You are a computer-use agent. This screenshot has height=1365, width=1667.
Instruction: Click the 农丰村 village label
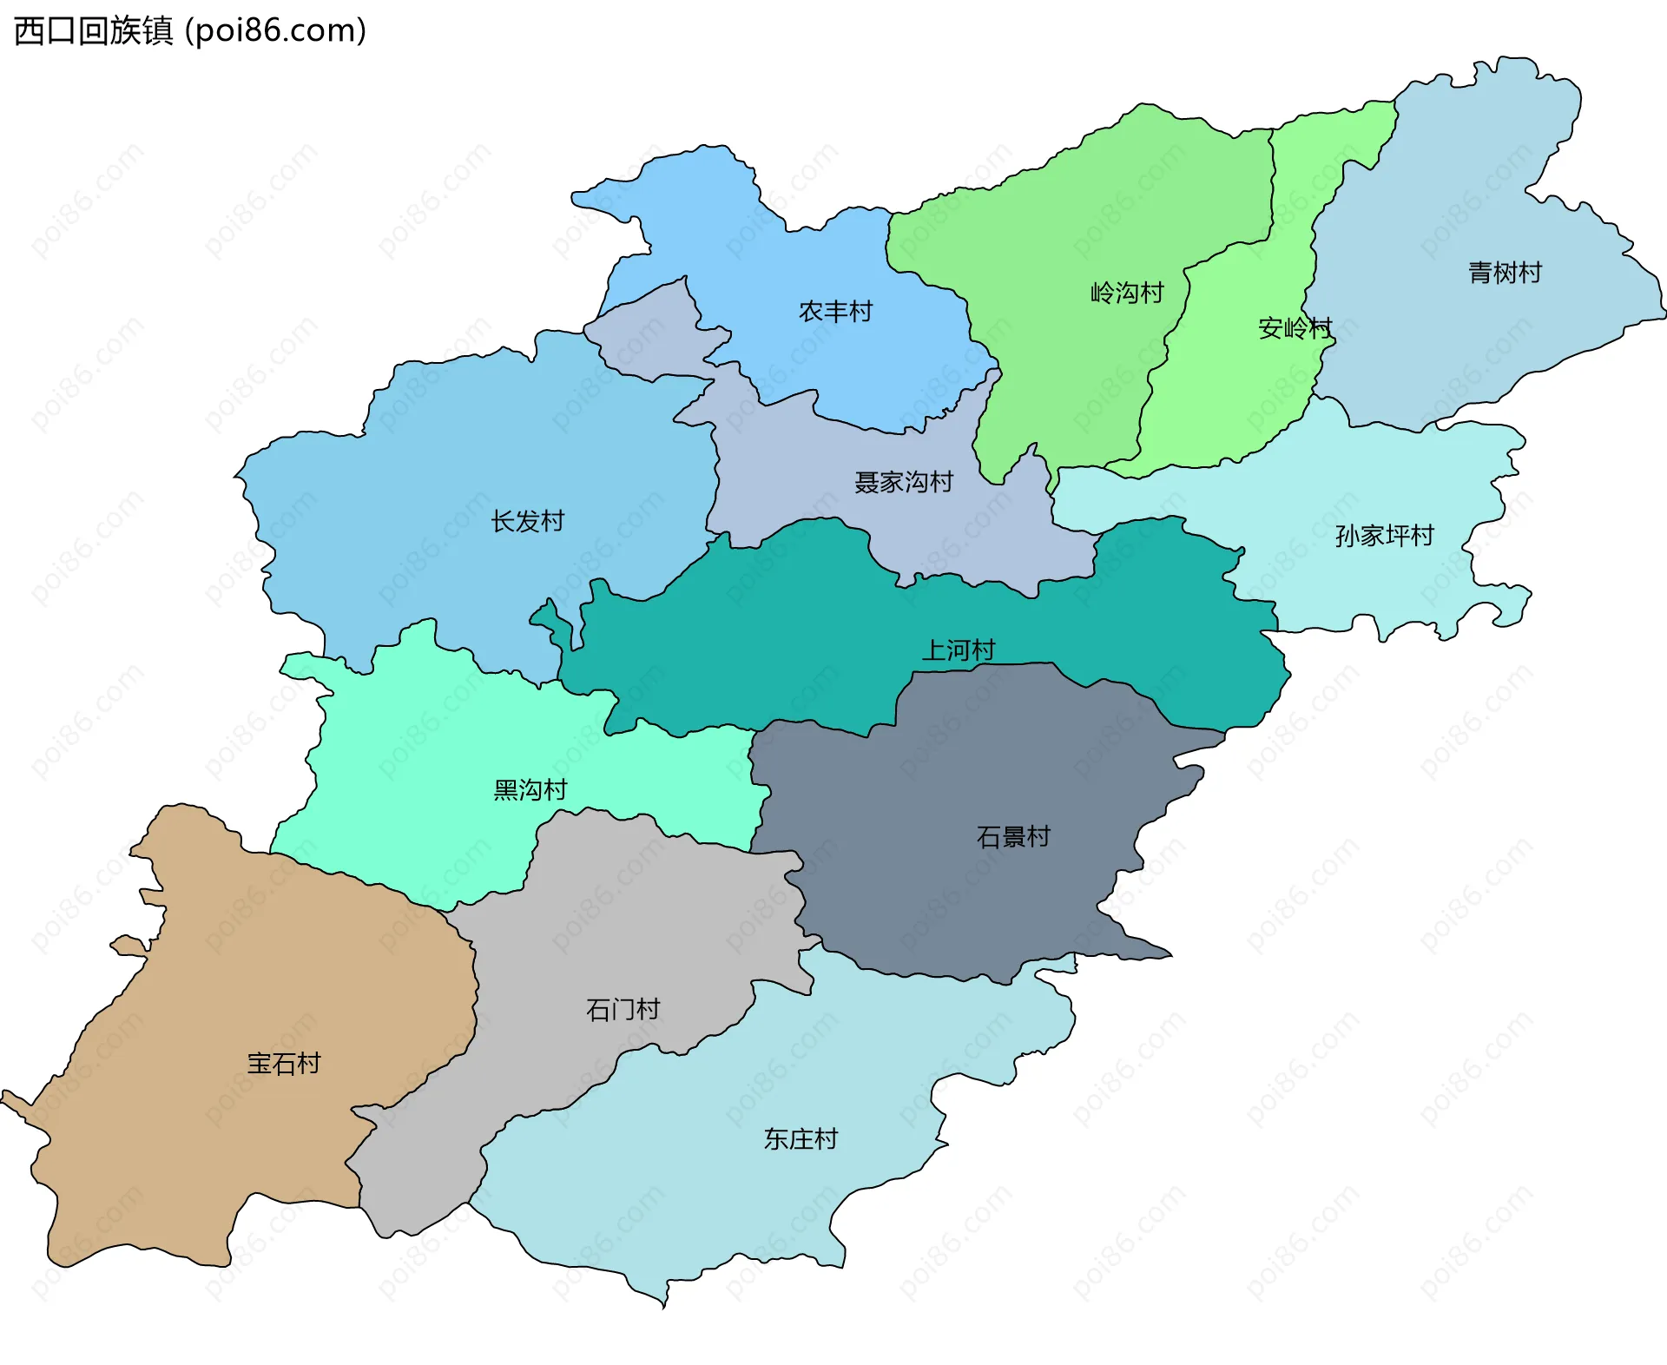point(835,311)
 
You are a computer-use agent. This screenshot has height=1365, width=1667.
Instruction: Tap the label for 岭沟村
point(1126,293)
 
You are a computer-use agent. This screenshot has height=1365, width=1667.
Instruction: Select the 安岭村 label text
point(1294,328)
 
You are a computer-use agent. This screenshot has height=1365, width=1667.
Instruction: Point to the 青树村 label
point(1504,273)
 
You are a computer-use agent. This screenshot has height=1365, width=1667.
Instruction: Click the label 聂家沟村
point(903,482)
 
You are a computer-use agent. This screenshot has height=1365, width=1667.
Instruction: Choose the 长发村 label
point(527,521)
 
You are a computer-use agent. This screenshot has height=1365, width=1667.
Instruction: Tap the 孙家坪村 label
point(1383,536)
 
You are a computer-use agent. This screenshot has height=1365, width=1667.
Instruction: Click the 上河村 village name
point(958,650)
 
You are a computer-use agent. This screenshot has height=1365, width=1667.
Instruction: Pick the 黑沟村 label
point(530,789)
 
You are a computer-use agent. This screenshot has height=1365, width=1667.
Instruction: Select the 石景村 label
point(1013,836)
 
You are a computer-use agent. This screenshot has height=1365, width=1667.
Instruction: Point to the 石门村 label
point(623,1009)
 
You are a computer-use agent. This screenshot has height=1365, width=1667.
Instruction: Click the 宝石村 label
point(283,1063)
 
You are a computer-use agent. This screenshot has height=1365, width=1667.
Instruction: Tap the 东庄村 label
point(800,1138)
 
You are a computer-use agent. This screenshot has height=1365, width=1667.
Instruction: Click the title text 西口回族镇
point(94,31)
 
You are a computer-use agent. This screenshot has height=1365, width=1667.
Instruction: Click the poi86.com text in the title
point(276,31)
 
